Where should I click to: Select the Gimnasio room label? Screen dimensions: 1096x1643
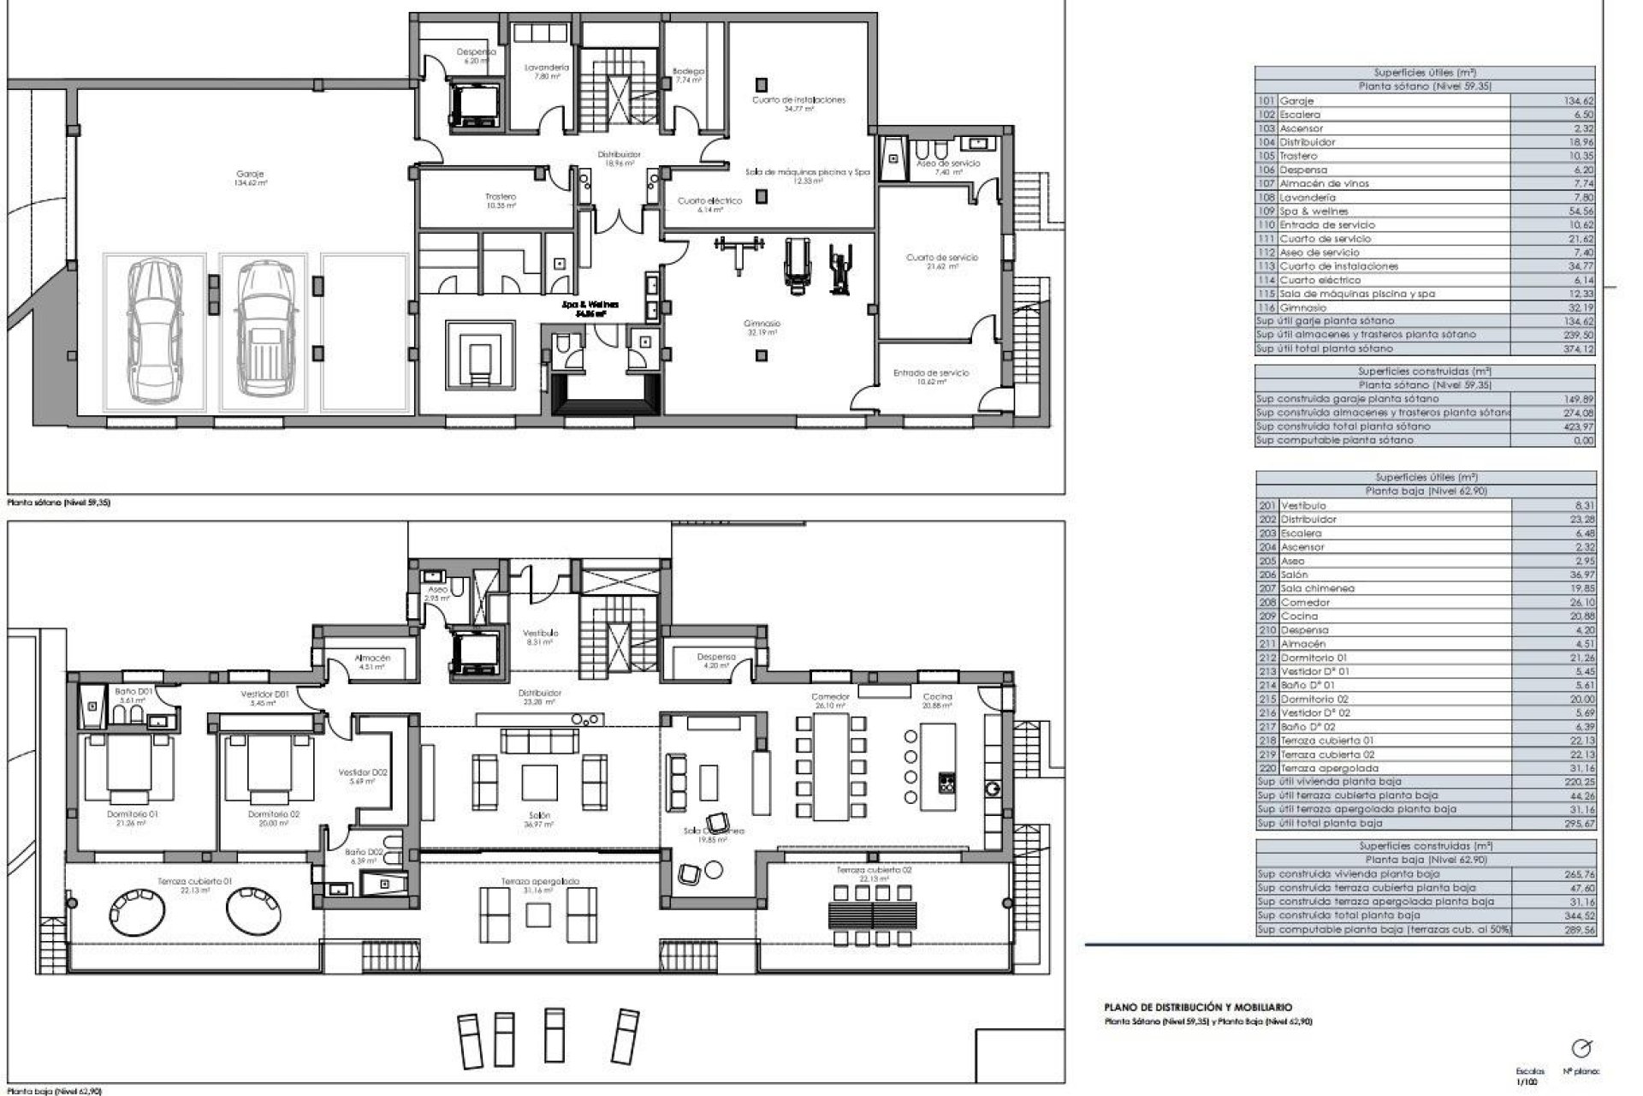[x=761, y=324]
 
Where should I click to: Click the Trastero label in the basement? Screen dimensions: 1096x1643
[x=501, y=197]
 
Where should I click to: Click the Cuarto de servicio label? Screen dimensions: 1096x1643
[x=941, y=257]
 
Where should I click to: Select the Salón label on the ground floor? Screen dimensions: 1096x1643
[x=539, y=816]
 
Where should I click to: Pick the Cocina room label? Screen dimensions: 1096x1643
[x=937, y=696]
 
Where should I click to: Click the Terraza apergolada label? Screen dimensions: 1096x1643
[x=540, y=881]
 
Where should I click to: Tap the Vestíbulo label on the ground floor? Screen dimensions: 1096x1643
[x=540, y=633]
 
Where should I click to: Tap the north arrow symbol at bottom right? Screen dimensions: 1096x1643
[x=1581, y=1049]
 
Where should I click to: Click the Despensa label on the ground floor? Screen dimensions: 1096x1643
[x=716, y=658]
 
